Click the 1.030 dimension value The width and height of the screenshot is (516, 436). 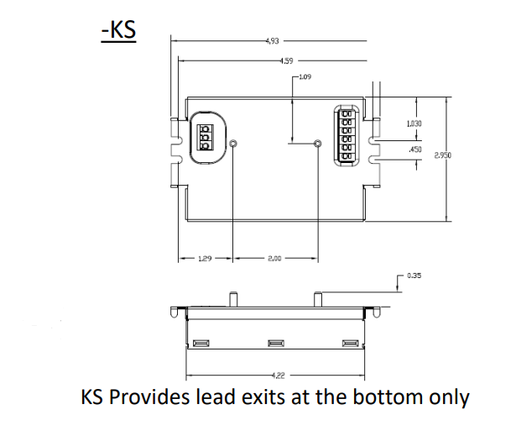413,123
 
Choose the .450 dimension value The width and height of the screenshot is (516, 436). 414,150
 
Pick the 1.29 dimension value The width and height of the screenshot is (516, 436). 204,260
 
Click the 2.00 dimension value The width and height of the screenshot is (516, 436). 274,260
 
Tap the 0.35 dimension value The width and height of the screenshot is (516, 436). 414,276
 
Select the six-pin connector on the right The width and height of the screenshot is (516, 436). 347,133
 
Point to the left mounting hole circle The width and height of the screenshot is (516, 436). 233,144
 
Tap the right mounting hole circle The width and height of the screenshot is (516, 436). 317,144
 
